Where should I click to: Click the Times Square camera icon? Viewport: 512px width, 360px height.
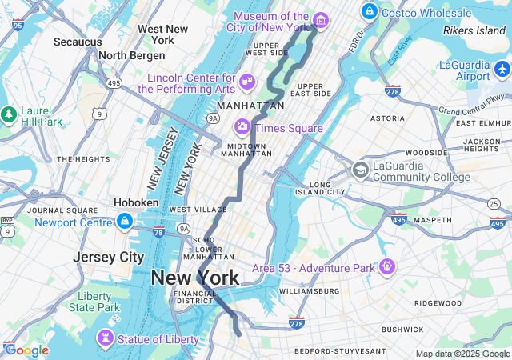point(242,127)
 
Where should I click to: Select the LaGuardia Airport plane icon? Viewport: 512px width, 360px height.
point(502,70)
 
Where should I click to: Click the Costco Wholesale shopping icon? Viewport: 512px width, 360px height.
point(369,12)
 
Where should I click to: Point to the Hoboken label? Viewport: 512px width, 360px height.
point(136,202)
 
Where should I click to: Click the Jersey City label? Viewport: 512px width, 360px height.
point(108,257)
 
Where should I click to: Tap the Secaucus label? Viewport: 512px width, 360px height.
point(78,41)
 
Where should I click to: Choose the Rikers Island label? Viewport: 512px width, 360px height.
point(475,31)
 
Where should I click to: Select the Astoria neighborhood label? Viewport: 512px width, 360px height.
point(387,118)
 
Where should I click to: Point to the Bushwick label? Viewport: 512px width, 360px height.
point(402,329)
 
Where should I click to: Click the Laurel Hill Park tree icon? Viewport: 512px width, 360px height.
point(9,114)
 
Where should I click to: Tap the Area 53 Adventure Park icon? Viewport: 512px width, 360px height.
point(388,266)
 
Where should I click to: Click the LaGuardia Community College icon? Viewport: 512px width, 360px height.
point(361,170)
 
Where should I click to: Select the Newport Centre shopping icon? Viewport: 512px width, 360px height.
point(124,220)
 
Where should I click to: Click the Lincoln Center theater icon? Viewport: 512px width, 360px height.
point(247,81)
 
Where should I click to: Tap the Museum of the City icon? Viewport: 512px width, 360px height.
point(320,20)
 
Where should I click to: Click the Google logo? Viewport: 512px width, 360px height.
point(26,350)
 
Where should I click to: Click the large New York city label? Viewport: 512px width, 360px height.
point(194,278)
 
